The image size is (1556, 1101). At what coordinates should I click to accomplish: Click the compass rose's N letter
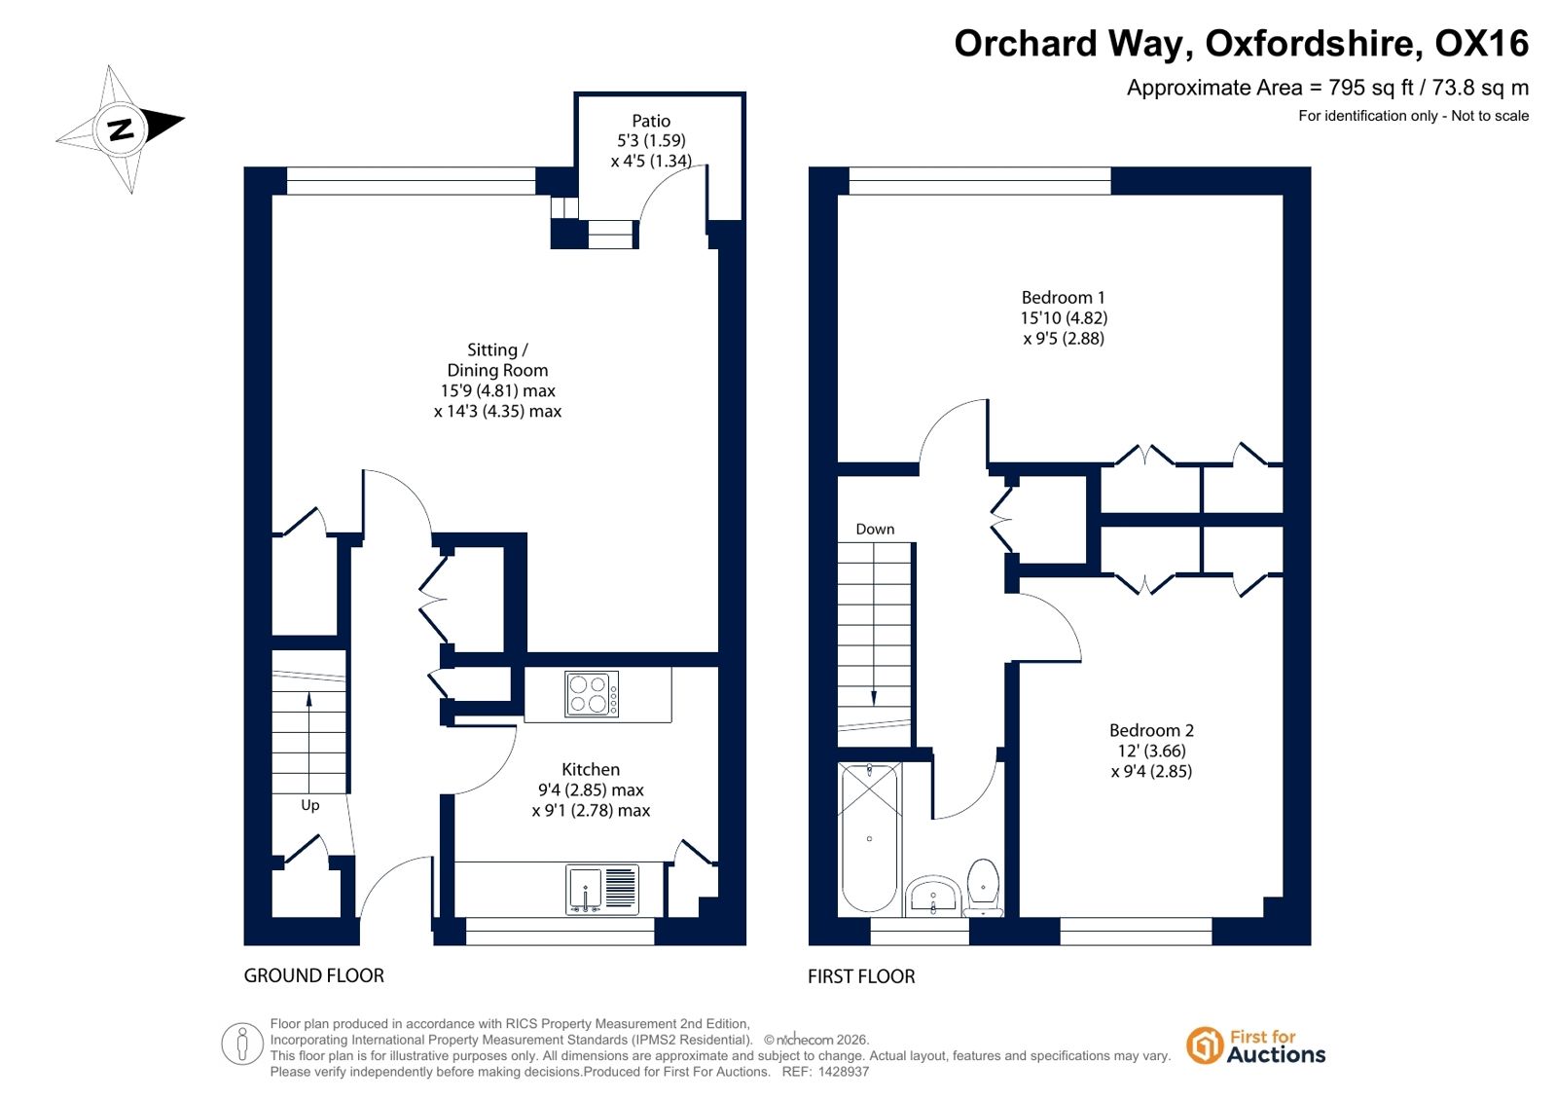[x=121, y=129]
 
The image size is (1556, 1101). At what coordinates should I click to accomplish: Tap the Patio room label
[x=651, y=121]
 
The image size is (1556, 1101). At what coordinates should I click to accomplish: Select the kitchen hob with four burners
[x=592, y=694]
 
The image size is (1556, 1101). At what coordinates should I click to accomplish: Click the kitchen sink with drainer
[x=602, y=889]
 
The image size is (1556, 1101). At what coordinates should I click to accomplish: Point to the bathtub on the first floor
[x=869, y=838]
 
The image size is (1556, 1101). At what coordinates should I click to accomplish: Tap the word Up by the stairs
[x=309, y=805]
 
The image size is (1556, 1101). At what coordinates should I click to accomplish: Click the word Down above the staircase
[x=875, y=529]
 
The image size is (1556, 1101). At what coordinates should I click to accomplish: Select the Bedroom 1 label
[x=1063, y=298]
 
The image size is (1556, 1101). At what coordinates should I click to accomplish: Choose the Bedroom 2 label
[x=1151, y=730]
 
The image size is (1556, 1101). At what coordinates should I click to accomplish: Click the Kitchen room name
[x=591, y=769]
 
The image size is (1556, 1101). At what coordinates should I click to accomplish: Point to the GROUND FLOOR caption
[x=314, y=975]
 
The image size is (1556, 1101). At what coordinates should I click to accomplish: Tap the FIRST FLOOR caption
[x=861, y=976]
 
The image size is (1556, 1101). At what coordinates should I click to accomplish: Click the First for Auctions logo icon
[x=1204, y=1046]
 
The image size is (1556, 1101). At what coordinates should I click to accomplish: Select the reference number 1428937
[x=844, y=1072]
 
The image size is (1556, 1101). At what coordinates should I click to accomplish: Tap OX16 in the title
[x=1481, y=43]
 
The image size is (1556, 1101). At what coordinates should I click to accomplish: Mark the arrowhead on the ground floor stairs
[x=309, y=699]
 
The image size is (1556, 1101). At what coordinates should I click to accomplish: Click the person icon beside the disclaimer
[x=241, y=1044]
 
